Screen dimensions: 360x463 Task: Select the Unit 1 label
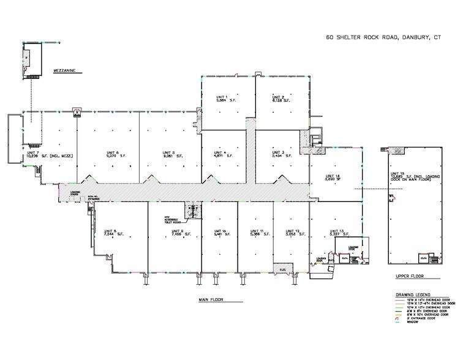(x=222, y=99)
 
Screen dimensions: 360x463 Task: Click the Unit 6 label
(x=112, y=154)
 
